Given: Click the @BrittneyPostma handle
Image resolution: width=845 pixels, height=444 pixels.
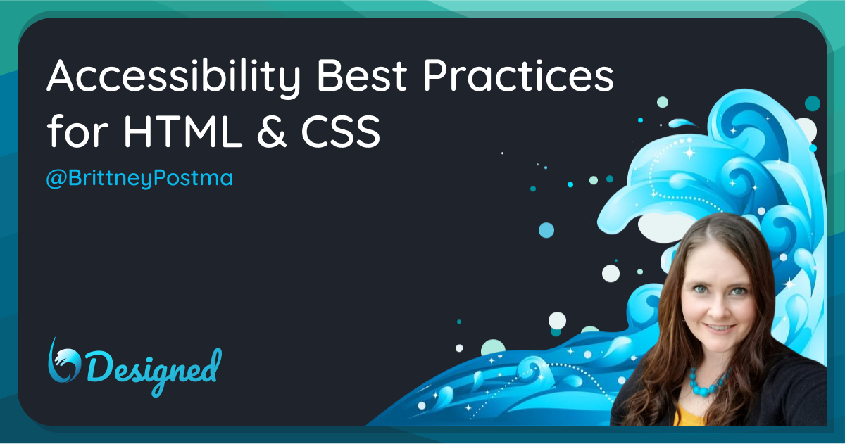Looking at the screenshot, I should pyautogui.click(x=139, y=178).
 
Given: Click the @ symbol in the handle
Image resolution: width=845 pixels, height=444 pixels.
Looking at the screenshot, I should pyautogui.click(x=56, y=179).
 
